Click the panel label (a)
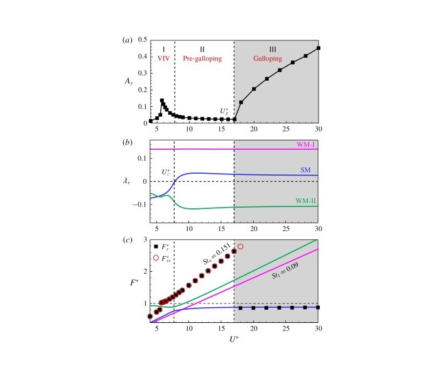click(125, 40)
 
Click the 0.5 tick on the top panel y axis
click(143, 40)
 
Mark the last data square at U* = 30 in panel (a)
click(318, 48)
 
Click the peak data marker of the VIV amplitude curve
click(162, 100)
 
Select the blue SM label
click(307, 170)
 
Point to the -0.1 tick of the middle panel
click(139, 205)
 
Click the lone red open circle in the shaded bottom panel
click(240, 247)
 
